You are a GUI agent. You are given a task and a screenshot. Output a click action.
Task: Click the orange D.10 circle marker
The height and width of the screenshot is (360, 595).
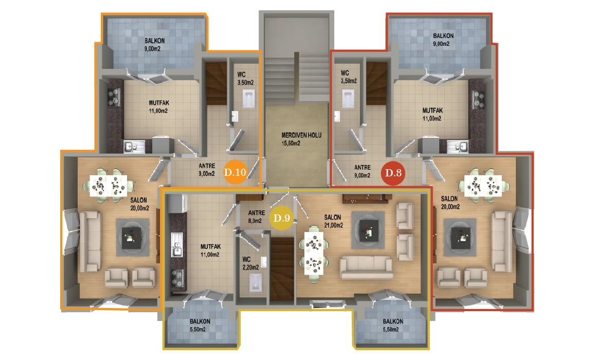tap(235, 172)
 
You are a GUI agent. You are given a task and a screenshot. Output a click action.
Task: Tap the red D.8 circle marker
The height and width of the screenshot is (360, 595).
tap(393, 173)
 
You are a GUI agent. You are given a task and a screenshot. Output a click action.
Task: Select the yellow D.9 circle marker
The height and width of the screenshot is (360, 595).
tap(282, 218)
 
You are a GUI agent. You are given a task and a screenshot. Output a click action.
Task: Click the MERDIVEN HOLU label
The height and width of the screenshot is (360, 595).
tap(301, 135)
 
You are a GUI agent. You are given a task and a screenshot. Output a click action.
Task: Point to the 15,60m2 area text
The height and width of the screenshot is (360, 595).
tap(291, 143)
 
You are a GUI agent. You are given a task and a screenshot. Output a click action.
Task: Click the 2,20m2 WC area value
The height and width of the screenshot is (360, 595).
tap(251, 267)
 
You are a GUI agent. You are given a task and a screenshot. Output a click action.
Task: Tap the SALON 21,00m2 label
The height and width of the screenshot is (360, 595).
tap(334, 221)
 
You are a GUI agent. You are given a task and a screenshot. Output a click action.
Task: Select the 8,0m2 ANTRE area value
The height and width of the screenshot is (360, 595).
tap(255, 221)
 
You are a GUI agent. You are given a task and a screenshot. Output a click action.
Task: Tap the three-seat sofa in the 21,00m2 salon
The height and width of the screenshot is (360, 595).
tap(366, 267)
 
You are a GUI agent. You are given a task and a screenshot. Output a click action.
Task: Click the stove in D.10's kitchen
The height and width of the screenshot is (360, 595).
tap(114, 97)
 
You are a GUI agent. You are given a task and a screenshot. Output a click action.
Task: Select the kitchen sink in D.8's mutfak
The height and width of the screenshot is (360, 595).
tap(457, 147)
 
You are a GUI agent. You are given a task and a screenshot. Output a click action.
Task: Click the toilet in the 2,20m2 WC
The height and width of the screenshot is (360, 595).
tap(256, 283)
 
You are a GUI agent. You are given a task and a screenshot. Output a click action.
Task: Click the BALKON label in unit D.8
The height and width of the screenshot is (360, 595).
tap(443, 36)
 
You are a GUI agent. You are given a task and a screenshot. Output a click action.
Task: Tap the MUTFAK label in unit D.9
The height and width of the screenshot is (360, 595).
tap(211, 246)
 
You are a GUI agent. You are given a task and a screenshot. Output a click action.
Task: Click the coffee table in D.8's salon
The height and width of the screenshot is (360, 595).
tap(460, 238)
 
